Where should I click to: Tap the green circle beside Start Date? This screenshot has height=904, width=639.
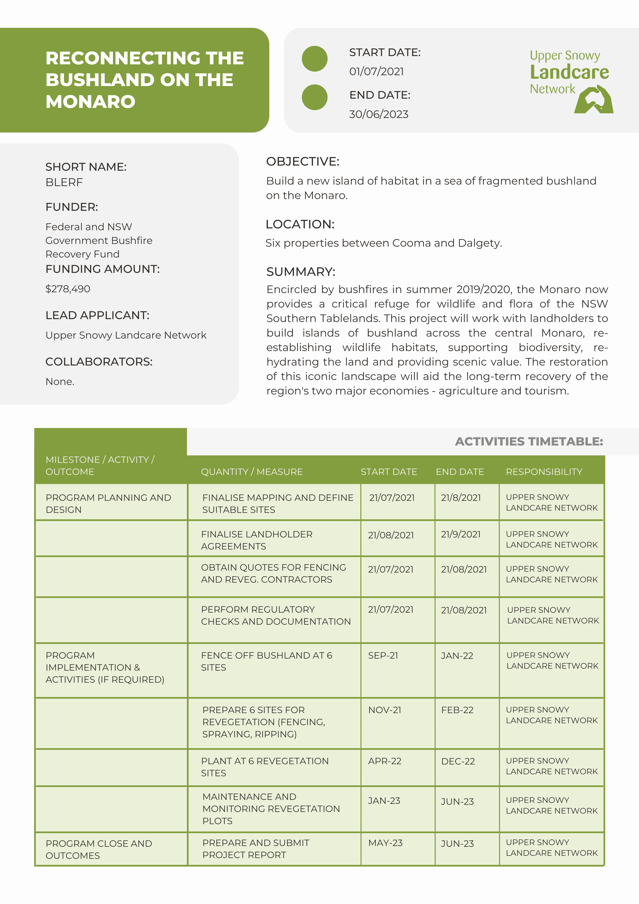(x=315, y=59)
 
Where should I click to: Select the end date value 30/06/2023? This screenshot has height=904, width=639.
(x=379, y=114)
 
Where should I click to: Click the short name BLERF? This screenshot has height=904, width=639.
(x=64, y=182)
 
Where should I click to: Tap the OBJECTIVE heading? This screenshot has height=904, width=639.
(x=302, y=161)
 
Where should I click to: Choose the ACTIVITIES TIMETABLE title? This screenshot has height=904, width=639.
(x=529, y=441)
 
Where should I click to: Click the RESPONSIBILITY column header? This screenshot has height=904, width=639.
(x=544, y=472)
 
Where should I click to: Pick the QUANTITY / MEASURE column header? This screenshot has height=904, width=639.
(x=252, y=472)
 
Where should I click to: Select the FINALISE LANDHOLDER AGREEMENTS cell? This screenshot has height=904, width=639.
(x=257, y=540)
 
